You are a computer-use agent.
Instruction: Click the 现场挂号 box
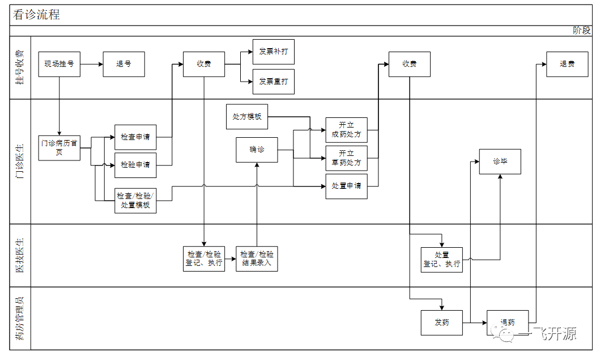(x=59, y=64)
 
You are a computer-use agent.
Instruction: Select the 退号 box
(x=124, y=64)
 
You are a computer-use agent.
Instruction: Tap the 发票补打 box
(x=274, y=52)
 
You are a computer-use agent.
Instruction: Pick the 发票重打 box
(x=274, y=82)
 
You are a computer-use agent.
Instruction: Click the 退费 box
(x=567, y=64)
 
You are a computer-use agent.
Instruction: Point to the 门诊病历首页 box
(x=59, y=149)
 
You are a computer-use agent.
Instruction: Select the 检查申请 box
(x=135, y=137)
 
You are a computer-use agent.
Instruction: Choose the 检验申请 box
(x=135, y=165)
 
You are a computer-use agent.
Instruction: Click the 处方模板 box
(x=247, y=117)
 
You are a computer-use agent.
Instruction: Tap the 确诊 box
(x=257, y=150)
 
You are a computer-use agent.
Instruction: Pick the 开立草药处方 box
(x=346, y=158)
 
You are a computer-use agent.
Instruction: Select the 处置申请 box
(x=346, y=186)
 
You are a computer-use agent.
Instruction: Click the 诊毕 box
(x=500, y=162)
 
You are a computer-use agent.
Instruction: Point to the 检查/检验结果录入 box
(x=257, y=259)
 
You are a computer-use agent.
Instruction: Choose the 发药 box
(x=442, y=323)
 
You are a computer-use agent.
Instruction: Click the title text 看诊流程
(x=37, y=15)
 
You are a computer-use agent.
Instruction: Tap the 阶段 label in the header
(x=581, y=31)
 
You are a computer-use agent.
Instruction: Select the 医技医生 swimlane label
(x=20, y=255)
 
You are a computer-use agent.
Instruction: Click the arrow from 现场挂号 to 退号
(x=91, y=64)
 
